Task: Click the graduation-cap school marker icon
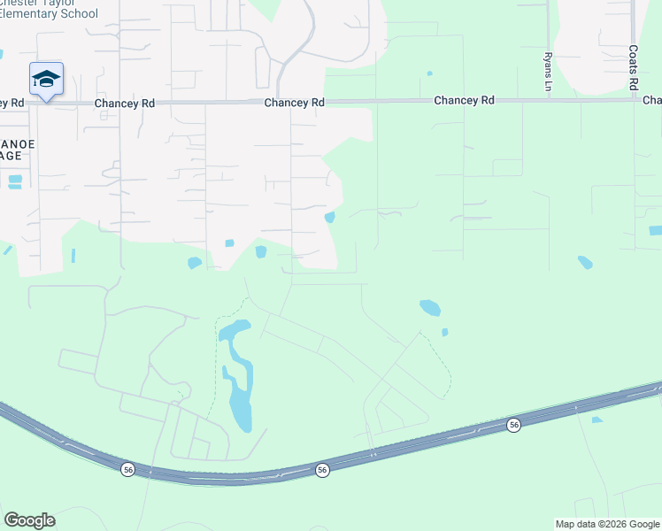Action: pos(46,80)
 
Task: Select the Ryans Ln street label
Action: pos(548,71)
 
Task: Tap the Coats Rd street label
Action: pos(634,68)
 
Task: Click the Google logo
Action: pos(29,520)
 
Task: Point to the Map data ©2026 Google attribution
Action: pos(606,524)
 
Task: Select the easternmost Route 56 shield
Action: pos(514,426)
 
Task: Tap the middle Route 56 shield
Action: pos(322,470)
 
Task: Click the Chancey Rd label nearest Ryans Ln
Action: pos(464,101)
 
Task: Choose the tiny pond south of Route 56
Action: pos(597,419)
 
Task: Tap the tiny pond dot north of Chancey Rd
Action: pos(429,73)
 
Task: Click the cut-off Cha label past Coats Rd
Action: pos(652,101)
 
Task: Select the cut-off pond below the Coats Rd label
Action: pos(655,231)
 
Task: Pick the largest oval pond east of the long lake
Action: pos(429,308)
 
